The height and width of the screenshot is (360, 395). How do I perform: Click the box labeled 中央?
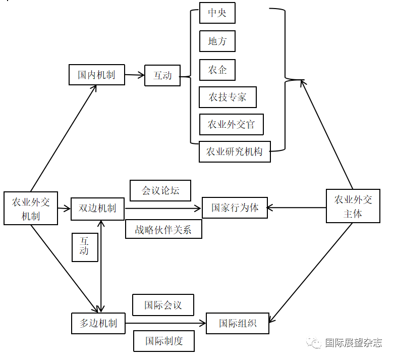(217, 13)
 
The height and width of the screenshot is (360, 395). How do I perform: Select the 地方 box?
(217, 41)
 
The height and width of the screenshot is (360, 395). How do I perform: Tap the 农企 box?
(217, 70)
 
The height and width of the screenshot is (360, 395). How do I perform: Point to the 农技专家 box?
(228, 97)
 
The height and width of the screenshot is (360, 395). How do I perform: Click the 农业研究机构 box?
(235, 151)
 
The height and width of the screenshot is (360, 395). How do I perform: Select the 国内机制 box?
(96, 75)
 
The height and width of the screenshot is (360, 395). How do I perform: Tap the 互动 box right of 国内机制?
(162, 76)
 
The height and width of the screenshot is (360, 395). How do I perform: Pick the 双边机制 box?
(97, 209)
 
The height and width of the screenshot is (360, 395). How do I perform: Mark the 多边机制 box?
(98, 323)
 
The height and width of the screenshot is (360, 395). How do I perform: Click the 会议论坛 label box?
(160, 191)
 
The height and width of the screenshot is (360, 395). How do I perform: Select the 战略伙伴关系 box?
(163, 229)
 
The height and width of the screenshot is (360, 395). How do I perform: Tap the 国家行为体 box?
(235, 208)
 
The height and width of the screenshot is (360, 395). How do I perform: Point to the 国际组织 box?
(238, 323)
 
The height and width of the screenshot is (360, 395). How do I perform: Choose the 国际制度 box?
(164, 341)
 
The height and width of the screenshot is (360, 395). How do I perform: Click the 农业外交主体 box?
(353, 206)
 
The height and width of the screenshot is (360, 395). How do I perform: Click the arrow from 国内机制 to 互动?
(134, 75)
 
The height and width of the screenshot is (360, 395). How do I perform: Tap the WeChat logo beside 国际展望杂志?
(316, 343)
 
